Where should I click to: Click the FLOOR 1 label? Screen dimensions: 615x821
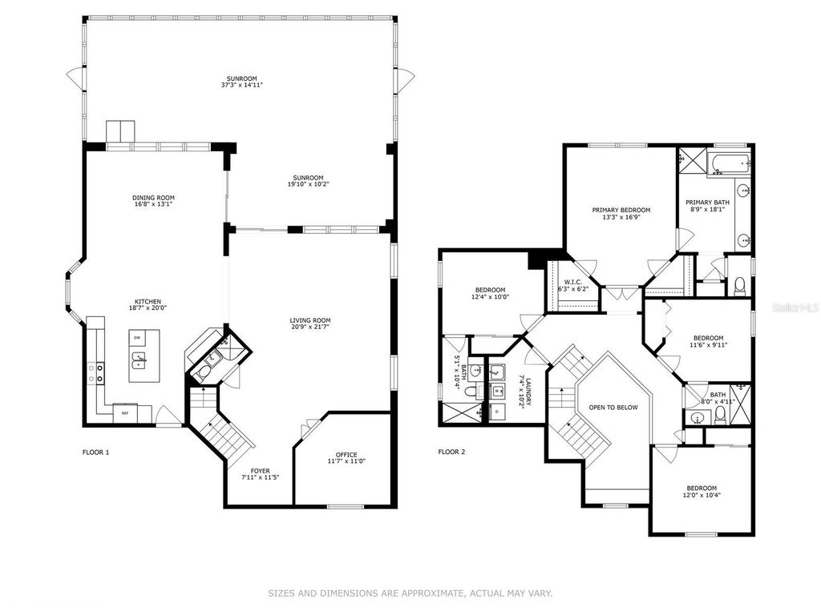click(95, 452)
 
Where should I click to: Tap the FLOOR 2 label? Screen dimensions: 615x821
click(451, 452)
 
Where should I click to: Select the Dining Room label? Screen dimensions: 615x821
click(153, 198)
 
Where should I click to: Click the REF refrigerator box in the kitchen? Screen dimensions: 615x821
click(125, 413)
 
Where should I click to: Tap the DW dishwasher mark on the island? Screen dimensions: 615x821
click(138, 337)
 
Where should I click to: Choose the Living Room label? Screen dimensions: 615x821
click(310, 320)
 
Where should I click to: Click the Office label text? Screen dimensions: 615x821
click(346, 455)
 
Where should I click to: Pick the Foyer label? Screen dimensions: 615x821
click(261, 471)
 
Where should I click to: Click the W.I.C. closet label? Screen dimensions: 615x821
click(572, 282)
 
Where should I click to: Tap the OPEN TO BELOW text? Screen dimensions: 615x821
click(613, 408)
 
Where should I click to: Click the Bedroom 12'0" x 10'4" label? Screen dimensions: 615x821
click(701, 488)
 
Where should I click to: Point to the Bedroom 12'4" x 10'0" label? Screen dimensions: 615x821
click(489, 290)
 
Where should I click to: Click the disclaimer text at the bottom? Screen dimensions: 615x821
click(410, 593)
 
